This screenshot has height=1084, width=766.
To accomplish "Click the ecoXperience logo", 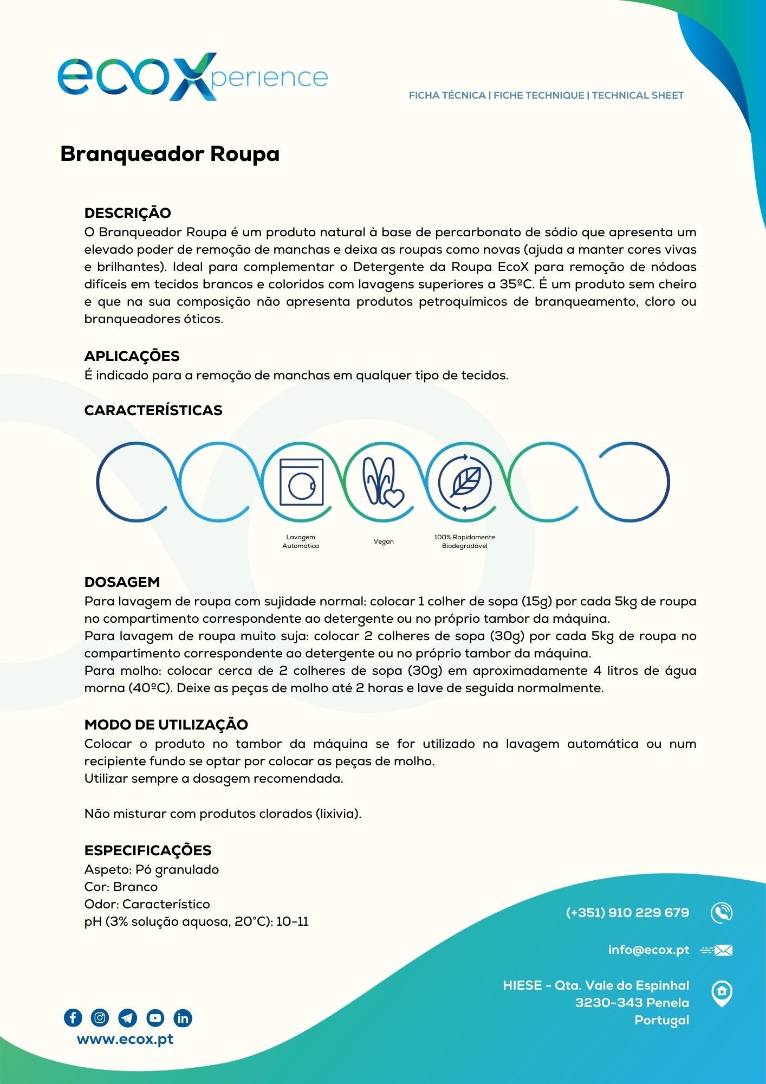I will [192, 76].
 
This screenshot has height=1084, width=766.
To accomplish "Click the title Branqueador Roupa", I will [170, 154].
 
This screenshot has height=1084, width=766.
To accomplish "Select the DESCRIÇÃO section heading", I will [127, 213].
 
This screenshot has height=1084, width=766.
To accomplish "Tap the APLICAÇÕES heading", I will [132, 356].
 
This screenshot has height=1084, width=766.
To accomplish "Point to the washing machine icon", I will [301, 482].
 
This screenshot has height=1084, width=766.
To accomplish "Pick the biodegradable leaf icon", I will [464, 482].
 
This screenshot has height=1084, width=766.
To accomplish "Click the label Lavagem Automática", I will [301, 541].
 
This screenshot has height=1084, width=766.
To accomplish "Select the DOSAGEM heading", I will [122, 582].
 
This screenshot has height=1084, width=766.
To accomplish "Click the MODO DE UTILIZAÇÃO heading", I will [166, 725].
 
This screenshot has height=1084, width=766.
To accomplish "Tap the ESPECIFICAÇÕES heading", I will [147, 850].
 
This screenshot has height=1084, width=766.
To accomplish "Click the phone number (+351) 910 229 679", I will [627, 913].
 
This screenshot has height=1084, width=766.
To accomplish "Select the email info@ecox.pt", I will [648, 950].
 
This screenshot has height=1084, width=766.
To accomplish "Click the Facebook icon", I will [73, 1018].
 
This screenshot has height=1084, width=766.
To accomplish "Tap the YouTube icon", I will [155, 1018].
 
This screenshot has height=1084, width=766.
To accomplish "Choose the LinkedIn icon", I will [183, 1018].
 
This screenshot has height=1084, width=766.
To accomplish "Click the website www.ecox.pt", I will [125, 1040].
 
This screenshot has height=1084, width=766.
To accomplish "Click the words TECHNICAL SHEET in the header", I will [638, 95].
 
